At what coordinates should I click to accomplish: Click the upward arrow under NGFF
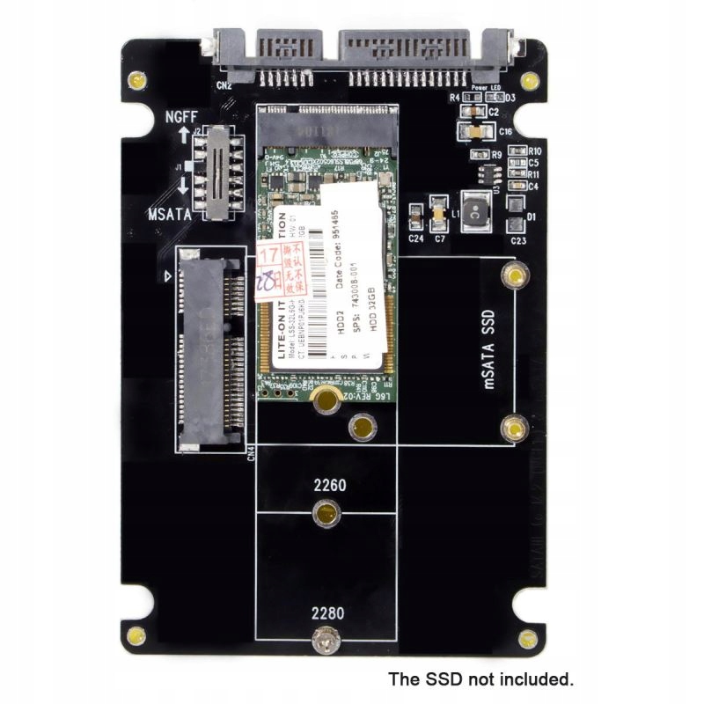pos(183,136)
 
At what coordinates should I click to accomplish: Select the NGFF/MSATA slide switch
pos(215,171)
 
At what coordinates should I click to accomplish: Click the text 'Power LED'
pos(487,89)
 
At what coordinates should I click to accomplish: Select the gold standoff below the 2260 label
pos(326,511)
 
